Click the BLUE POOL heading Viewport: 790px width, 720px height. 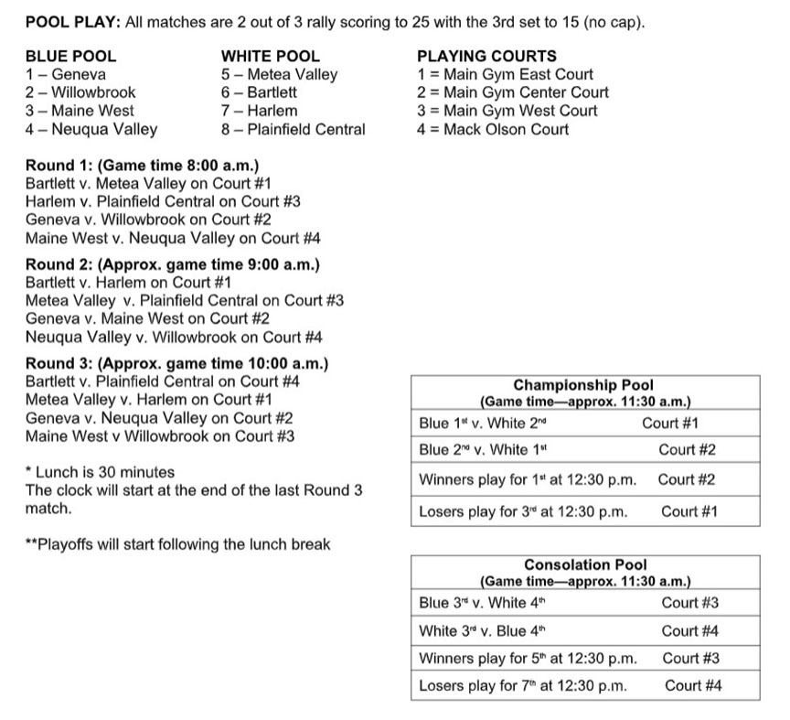click(70, 56)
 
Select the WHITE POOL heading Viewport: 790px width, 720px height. click(271, 56)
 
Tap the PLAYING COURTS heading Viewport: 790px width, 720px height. click(486, 56)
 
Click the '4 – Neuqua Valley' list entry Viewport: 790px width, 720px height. click(91, 129)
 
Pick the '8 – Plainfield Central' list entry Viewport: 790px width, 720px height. click(293, 129)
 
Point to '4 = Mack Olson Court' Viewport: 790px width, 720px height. click(493, 129)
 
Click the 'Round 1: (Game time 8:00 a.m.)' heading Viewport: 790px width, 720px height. click(142, 165)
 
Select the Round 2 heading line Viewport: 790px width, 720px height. click(173, 264)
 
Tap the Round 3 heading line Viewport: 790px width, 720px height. click(176, 363)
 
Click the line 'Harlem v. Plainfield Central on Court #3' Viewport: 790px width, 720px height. click(163, 201)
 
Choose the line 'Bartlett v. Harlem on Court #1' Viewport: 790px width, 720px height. click(128, 282)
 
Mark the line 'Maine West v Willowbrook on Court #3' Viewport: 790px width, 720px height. click(160, 435)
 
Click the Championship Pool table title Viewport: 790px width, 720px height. click(583, 385)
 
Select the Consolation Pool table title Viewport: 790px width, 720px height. click(585, 564)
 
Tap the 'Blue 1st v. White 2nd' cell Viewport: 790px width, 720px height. click(482, 424)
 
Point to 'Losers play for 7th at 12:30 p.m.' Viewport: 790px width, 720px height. click(523, 685)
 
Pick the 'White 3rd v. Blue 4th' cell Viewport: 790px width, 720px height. click(482, 630)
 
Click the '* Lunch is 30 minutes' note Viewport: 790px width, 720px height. click(100, 472)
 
